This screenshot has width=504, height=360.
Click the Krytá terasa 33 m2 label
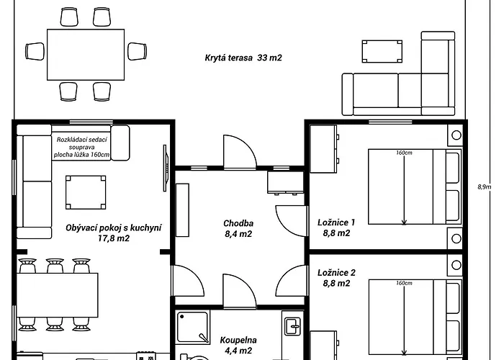pyautogui.click(x=243, y=58)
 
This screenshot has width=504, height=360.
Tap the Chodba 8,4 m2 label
pyautogui.click(x=238, y=228)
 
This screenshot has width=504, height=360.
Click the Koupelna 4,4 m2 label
pyautogui.click(x=238, y=345)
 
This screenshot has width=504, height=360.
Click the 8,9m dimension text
pyautogui.click(x=484, y=186)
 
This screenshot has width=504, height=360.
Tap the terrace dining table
pyautogui.click(x=86, y=55)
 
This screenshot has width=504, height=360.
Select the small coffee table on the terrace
pyautogui.click(x=382, y=51)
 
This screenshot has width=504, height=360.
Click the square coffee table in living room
pyautogui.click(x=86, y=192)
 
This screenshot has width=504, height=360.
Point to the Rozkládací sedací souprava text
pyautogui.click(x=81, y=147)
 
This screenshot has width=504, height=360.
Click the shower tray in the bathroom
pyautogui.click(x=192, y=327)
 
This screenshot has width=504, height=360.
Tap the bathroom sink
pyautogui.click(x=293, y=327)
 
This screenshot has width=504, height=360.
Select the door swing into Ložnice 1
pyautogui.click(x=291, y=221)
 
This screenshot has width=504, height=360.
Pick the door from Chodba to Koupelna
pyautogui.click(x=240, y=291)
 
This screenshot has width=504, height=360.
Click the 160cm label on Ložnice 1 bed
pyautogui.click(x=404, y=153)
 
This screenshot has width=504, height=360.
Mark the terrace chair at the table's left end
pyautogui.click(x=35, y=51)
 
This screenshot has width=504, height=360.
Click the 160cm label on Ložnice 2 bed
pyautogui.click(x=404, y=283)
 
